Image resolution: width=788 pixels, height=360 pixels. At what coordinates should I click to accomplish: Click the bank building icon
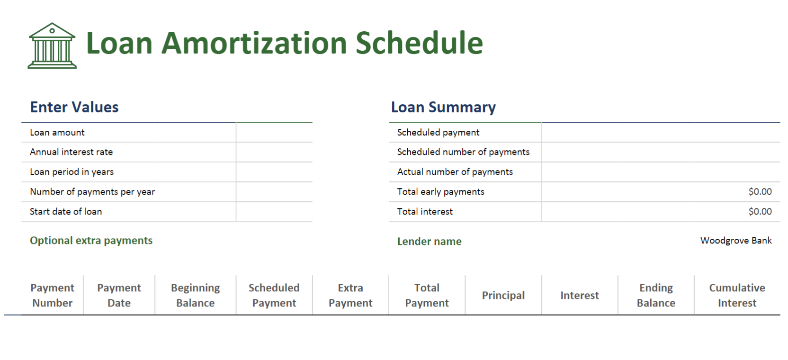click(x=52, y=45)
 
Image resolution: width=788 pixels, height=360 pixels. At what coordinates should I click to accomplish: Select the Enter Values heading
click(x=74, y=107)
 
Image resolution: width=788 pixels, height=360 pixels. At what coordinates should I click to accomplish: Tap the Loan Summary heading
click(x=443, y=108)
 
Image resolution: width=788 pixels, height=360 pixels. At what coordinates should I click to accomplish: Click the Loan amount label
click(x=57, y=133)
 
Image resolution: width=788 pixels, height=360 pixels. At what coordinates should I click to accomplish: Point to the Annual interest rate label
click(x=72, y=152)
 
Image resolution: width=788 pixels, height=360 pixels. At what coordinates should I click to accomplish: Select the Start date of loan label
click(x=66, y=212)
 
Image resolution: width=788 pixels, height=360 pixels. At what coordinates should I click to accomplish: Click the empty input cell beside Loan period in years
click(x=274, y=172)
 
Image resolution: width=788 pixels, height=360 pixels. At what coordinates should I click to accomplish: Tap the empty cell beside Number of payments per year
click(x=274, y=192)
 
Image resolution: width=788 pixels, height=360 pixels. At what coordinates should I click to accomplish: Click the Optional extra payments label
click(x=91, y=241)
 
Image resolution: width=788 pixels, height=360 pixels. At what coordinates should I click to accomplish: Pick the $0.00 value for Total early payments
click(x=760, y=192)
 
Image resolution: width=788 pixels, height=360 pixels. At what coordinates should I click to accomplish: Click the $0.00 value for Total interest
click(x=760, y=212)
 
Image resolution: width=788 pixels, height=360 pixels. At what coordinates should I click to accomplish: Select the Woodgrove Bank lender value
click(x=736, y=241)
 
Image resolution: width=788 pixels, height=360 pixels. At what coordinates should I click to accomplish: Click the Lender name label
click(x=430, y=242)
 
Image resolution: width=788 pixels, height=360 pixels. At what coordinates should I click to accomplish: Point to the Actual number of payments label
click(x=455, y=172)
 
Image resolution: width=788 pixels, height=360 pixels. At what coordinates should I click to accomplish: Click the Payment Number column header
click(x=53, y=295)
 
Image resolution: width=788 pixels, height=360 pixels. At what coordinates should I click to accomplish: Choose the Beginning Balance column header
click(x=196, y=295)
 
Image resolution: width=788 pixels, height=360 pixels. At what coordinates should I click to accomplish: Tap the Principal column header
click(x=503, y=296)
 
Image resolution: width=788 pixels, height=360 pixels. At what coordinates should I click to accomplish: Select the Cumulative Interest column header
click(x=737, y=295)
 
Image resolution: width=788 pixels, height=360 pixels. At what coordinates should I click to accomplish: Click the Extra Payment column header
click(x=350, y=295)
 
